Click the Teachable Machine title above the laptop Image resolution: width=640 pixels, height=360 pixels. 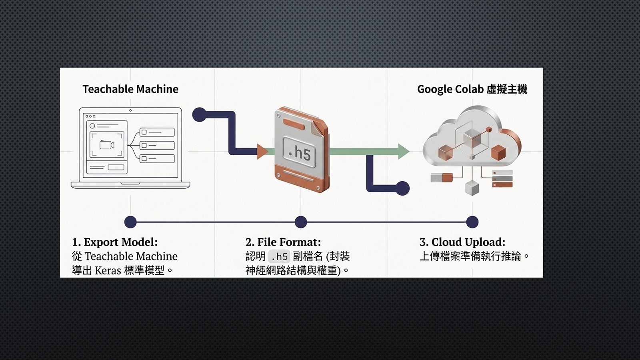point(130,89)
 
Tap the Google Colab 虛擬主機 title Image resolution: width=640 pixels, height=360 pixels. point(472,89)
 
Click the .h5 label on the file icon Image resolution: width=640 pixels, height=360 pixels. point(300,152)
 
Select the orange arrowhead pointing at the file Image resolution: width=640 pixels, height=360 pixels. point(262,152)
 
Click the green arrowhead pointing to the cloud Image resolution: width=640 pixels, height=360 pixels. point(404,151)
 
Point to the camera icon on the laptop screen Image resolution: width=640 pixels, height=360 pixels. point(107,145)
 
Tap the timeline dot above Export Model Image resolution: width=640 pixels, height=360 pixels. point(130,222)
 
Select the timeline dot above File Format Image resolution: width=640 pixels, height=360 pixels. point(301,222)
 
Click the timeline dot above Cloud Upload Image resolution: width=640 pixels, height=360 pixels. point(472,222)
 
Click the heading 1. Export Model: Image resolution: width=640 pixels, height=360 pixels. point(115,242)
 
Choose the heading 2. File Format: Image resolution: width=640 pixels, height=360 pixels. point(283,242)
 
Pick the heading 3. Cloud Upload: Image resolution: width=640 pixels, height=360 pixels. point(462,242)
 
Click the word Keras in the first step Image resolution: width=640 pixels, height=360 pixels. point(108,270)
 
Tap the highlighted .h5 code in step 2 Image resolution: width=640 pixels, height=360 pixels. point(279,256)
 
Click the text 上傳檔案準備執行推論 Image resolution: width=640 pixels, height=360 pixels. point(470,256)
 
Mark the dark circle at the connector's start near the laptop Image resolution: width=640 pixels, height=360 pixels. point(199,115)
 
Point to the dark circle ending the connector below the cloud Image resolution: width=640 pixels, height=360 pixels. point(402,188)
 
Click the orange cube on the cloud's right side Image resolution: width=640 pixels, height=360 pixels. point(498,152)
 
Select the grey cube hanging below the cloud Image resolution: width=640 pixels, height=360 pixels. point(472,188)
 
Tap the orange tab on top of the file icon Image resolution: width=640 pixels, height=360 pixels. point(294,124)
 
